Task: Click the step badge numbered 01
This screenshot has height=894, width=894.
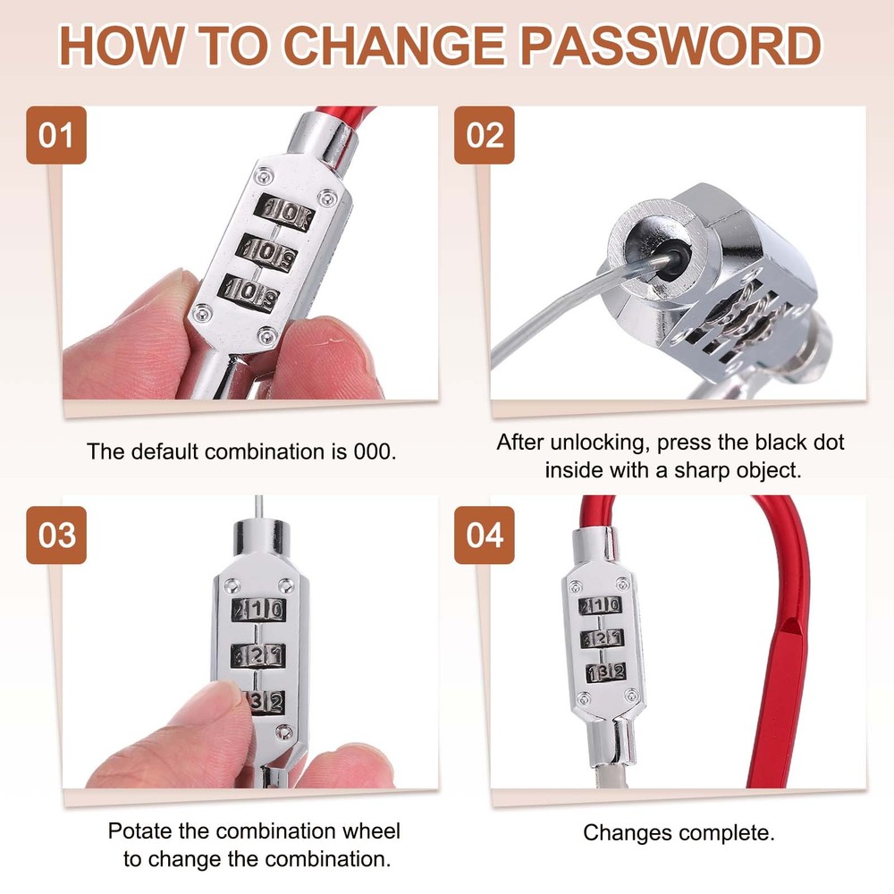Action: [x=56, y=136]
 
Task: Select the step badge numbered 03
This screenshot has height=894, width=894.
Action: [x=56, y=535]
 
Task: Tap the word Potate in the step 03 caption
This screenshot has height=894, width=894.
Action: [x=137, y=830]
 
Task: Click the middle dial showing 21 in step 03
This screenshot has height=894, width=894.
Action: [x=258, y=655]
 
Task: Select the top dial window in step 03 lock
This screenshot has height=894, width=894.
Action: [x=258, y=610]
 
